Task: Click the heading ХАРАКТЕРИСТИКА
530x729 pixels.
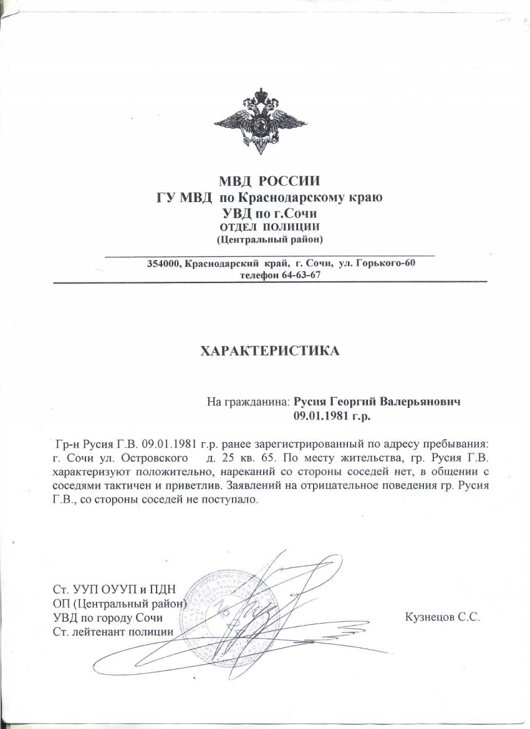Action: tap(269, 351)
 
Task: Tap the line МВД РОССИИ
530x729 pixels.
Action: tap(269, 183)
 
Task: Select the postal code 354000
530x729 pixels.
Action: tap(162, 264)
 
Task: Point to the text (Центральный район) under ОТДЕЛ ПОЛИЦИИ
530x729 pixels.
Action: tap(269, 239)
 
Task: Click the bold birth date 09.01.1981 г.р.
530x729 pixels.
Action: tap(335, 414)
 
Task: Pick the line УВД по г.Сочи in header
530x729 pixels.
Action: tap(269, 213)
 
